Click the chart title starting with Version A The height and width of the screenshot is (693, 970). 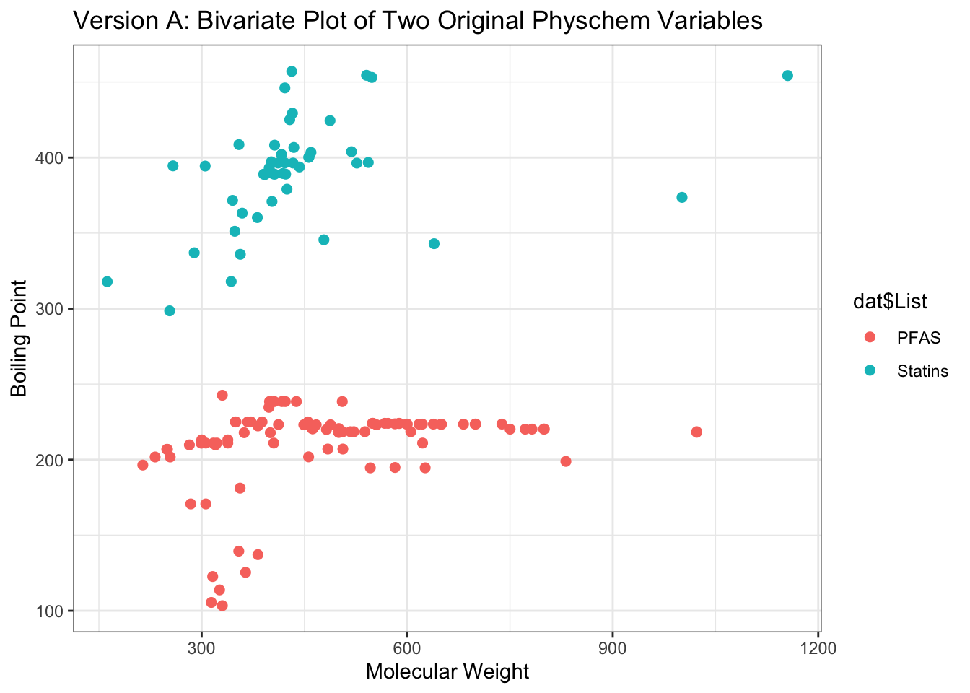tap(418, 21)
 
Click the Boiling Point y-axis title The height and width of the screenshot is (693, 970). tap(19, 339)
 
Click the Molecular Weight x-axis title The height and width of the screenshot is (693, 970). tap(447, 672)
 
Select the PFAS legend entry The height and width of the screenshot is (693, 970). tap(918, 337)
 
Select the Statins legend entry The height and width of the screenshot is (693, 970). tap(922, 371)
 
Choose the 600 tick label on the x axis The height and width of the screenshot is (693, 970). tap(407, 648)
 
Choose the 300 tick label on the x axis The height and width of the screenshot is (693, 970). tap(201, 648)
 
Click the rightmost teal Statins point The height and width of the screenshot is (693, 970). tap(787, 76)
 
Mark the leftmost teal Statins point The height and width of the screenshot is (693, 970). tap(107, 282)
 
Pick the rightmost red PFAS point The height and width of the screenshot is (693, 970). tap(696, 432)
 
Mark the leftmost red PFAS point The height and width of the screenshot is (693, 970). tap(143, 465)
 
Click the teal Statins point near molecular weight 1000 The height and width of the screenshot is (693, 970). tap(682, 198)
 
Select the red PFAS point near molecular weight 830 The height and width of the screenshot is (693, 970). tap(566, 461)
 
